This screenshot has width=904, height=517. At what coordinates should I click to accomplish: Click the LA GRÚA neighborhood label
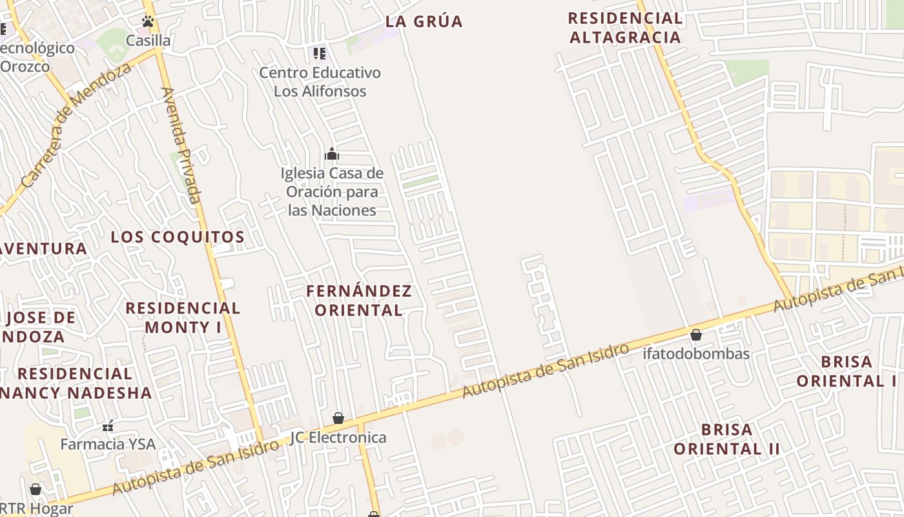[x=424, y=21]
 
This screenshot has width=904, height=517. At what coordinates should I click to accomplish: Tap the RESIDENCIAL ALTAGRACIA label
[x=625, y=28]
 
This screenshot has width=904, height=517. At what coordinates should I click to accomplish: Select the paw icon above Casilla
[x=148, y=21]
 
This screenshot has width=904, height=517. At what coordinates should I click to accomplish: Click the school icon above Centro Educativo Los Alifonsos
[x=320, y=53]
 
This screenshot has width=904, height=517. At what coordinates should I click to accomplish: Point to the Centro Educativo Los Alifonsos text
[x=320, y=81]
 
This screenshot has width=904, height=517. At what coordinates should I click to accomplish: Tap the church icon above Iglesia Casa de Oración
[x=332, y=154]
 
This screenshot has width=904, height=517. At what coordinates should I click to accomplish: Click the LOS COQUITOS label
[x=178, y=237]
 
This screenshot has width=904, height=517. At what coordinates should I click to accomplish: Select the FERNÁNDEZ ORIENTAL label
[x=358, y=301]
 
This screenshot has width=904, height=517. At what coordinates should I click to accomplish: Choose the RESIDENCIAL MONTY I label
[x=183, y=317]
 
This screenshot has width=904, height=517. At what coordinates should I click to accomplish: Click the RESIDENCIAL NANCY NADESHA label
[x=76, y=383]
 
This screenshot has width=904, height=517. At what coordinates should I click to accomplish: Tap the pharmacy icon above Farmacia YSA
[x=108, y=426]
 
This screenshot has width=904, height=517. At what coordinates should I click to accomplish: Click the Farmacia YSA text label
[x=108, y=445]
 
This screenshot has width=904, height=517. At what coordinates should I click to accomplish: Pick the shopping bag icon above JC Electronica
[x=338, y=418]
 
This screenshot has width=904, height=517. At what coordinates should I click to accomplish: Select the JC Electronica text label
[x=338, y=438]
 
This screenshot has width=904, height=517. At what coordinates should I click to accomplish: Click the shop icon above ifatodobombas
[x=695, y=334]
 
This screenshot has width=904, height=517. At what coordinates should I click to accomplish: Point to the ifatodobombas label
[x=695, y=353]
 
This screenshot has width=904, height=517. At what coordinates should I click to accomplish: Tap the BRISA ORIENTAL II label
[x=726, y=439]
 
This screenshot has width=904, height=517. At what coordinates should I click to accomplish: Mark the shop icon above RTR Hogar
[x=36, y=489]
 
